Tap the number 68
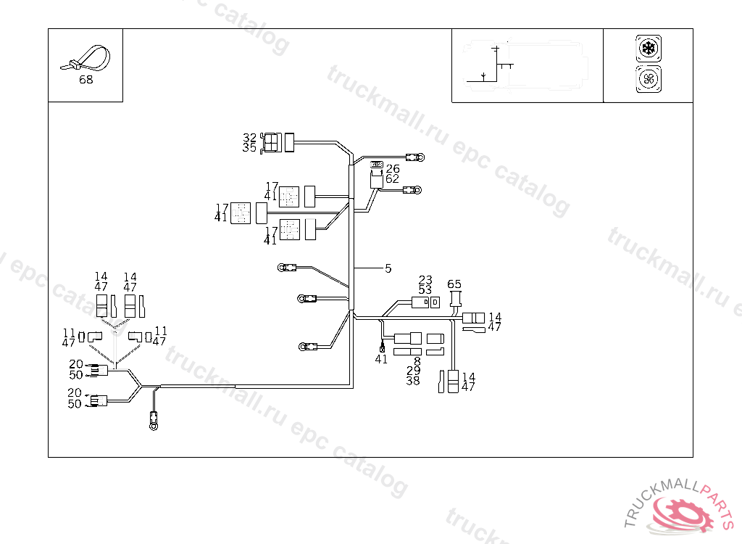pyautogui.click(x=86, y=80)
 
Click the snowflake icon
pyautogui.click(x=648, y=49)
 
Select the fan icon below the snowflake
pyautogui.click(x=648, y=78)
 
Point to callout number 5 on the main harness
pyautogui.click(x=388, y=268)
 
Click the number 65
pyautogui.click(x=454, y=284)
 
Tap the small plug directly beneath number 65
pyautogui.click(x=456, y=299)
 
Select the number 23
pyautogui.click(x=425, y=280)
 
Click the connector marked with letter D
pyautogui.click(x=435, y=302)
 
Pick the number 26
pyautogui.click(x=392, y=168)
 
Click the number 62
pyautogui.click(x=392, y=178)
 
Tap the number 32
pyautogui.click(x=249, y=137)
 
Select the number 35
pyautogui.click(x=249, y=147)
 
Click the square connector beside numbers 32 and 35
pyautogui.click(x=272, y=143)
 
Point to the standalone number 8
pyautogui.click(x=417, y=360)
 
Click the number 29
pyautogui.click(x=413, y=371)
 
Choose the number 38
pyautogui.click(x=413, y=381)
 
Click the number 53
pyautogui.click(x=425, y=290)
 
